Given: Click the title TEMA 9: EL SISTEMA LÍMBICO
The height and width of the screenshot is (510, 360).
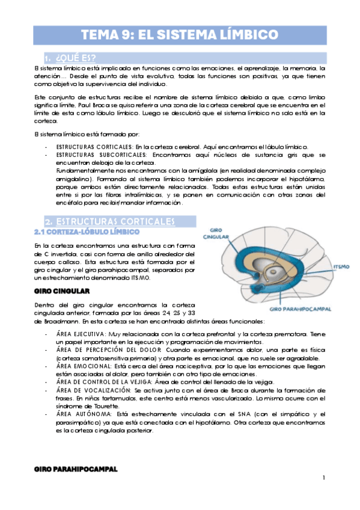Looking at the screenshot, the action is click(179, 34).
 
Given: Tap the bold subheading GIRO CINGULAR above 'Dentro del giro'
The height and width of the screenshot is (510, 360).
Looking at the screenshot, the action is click(62, 291).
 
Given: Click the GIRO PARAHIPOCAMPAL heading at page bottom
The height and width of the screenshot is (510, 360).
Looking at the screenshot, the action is click(76, 468).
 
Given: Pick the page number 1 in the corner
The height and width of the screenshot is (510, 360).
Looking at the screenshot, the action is click(323, 478).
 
